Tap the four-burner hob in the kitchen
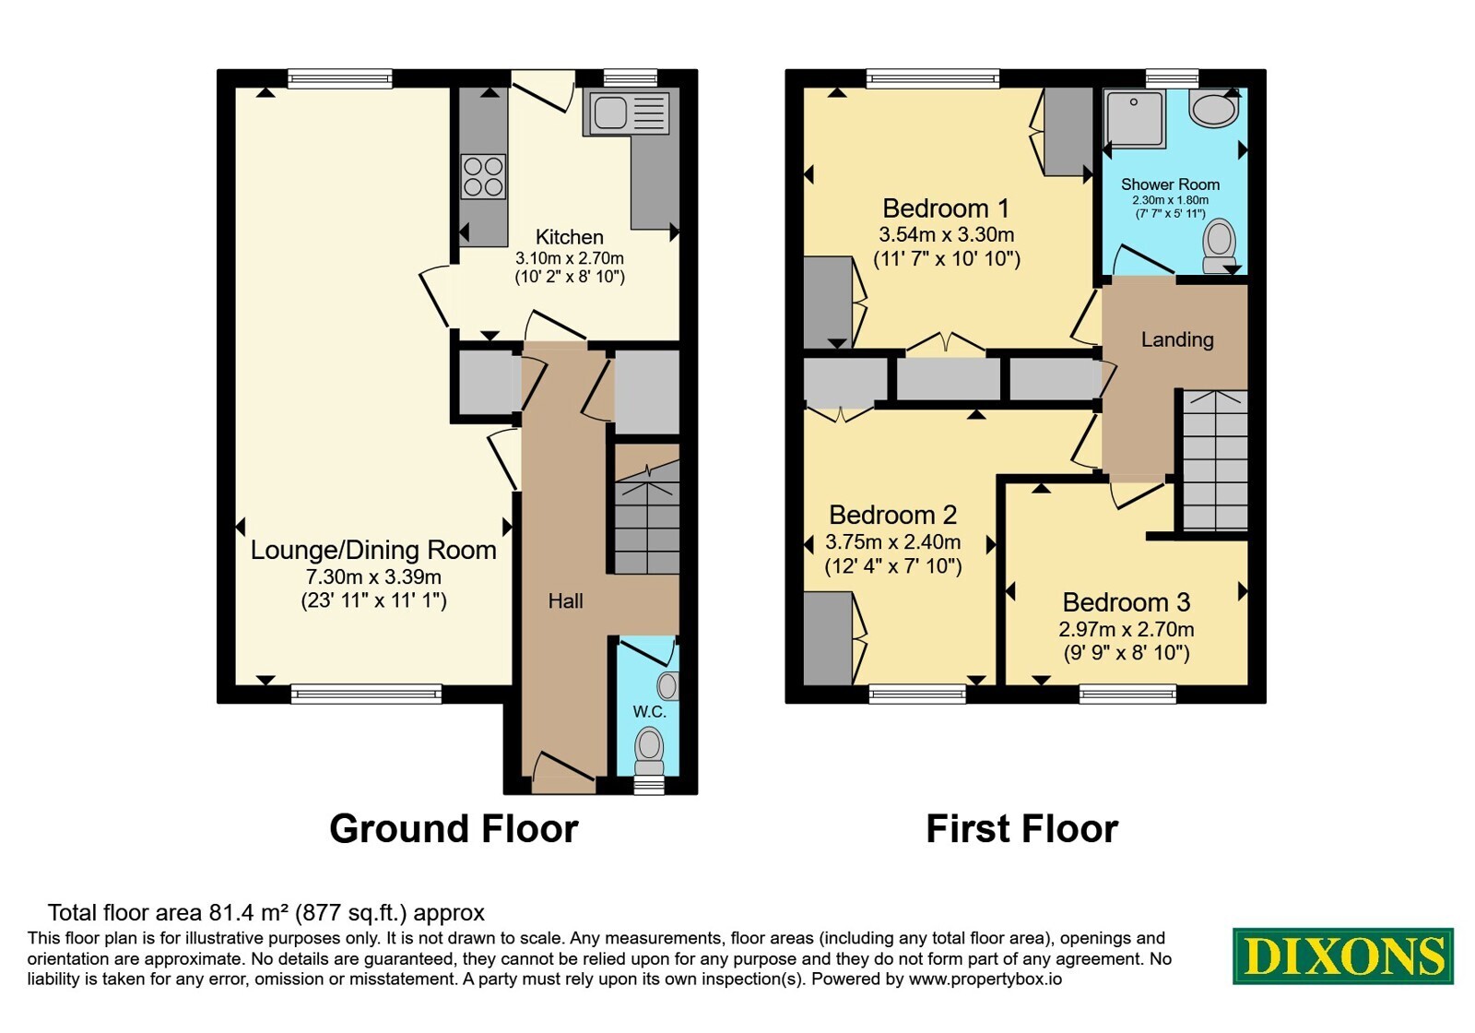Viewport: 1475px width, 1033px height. (483, 176)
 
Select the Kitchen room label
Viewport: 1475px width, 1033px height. (569, 236)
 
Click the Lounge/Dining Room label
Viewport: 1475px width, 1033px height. (373, 550)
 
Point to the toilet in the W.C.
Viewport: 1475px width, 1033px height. (649, 751)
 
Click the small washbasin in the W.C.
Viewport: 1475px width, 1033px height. (667, 686)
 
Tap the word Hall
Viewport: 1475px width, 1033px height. (566, 600)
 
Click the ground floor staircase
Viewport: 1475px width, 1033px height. (646, 517)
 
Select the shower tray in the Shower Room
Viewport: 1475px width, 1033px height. (1135, 118)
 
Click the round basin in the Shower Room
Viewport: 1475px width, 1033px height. (1214, 108)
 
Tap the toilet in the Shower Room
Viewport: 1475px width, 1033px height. (1219, 245)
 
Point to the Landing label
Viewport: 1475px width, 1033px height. (1177, 339)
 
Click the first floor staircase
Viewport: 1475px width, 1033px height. (1215, 460)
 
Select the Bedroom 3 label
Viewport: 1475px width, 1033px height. (1126, 602)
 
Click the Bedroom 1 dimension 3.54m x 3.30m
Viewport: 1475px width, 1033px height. (946, 234)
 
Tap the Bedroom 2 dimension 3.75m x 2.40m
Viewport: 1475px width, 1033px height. (893, 542)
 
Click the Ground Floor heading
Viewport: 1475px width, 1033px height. (454, 829)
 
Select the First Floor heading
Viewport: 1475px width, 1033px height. (1022, 829)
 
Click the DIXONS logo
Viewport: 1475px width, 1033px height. (1342, 956)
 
